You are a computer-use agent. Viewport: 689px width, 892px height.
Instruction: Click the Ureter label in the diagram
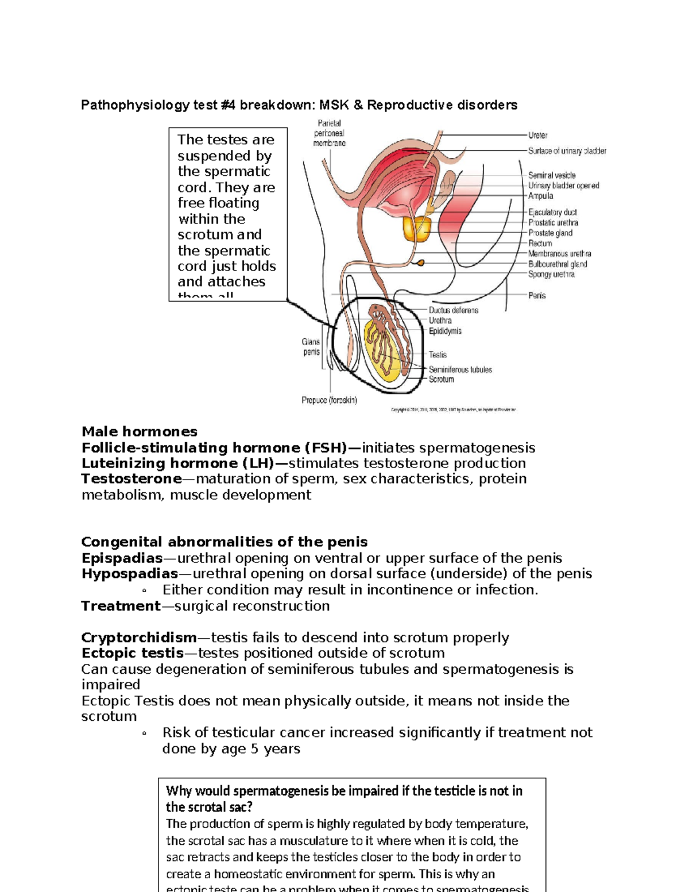(537, 136)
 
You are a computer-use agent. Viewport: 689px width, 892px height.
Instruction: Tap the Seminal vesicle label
(552, 175)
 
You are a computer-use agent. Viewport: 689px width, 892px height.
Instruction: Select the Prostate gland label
(550, 233)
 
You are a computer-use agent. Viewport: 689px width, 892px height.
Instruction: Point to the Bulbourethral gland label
(558, 264)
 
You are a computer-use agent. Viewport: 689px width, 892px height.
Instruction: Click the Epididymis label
(445, 331)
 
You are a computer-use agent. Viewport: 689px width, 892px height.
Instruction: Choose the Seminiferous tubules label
(460, 370)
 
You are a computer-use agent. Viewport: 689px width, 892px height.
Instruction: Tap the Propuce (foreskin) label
(329, 400)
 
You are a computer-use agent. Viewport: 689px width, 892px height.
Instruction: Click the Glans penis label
(311, 347)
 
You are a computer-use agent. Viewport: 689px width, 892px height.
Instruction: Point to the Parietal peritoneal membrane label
(329, 133)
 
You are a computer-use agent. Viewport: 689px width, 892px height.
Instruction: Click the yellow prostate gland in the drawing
(417, 229)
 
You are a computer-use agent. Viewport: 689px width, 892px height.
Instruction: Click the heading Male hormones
(139, 432)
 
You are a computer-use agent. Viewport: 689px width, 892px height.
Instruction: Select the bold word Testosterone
(131, 479)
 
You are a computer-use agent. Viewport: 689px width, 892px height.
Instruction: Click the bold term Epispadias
(122, 558)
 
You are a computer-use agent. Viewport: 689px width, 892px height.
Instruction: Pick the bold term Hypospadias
(130, 574)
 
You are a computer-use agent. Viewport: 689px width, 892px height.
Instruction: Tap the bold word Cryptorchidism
(139, 638)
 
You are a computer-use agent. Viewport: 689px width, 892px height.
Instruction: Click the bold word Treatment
(121, 606)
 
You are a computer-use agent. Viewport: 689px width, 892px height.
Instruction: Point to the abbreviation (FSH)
(326, 448)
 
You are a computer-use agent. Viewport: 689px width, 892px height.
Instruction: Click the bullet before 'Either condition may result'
(144, 590)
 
